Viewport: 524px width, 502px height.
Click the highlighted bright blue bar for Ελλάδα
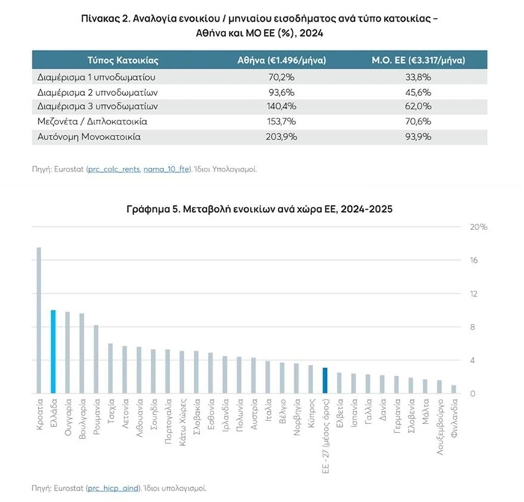[53, 351]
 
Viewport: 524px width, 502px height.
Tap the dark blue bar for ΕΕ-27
[325, 380]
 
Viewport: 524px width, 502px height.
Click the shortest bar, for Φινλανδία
[454, 389]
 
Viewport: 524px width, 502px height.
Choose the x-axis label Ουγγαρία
[67, 417]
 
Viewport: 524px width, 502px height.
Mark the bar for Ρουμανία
[96, 359]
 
